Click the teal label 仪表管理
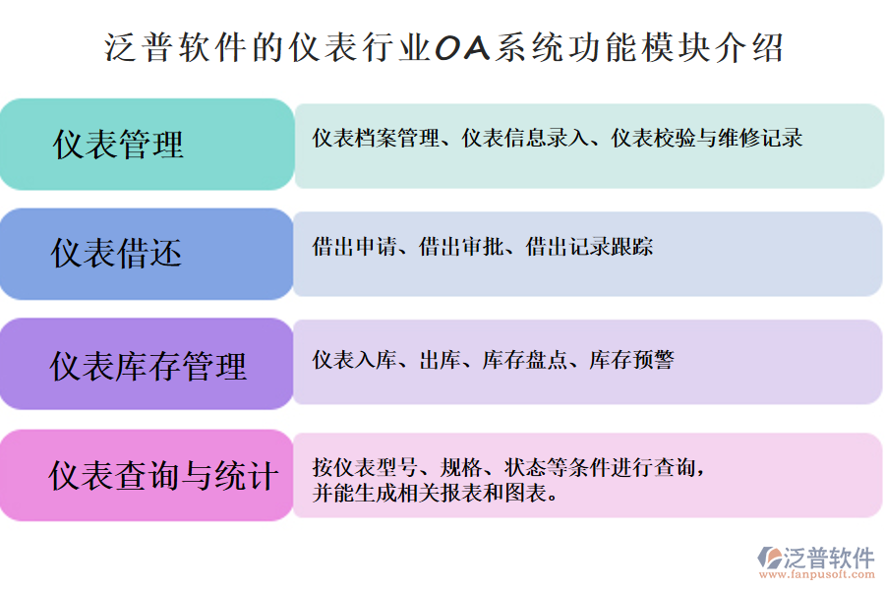(118, 145)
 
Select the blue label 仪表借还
(117, 254)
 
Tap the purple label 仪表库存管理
(148, 366)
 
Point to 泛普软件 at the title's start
(168, 46)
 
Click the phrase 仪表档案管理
(376, 139)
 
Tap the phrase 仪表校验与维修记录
(707, 139)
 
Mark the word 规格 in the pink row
(461, 466)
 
